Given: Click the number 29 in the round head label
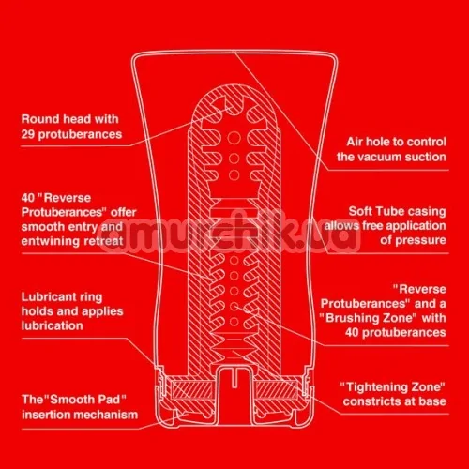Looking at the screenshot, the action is tap(28, 134).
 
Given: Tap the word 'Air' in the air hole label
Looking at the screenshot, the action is tap(355, 142).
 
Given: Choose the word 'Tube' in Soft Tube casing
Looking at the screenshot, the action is tap(387, 211).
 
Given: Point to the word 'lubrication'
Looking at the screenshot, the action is tap(52, 325).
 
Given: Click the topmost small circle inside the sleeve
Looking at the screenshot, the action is tap(234, 138).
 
